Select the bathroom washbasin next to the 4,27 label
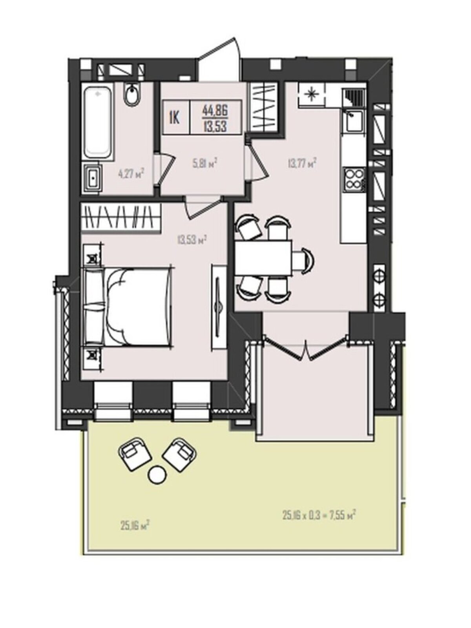pos(92,178)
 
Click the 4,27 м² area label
pos(130,173)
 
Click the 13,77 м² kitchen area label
pos(301,164)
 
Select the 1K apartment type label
pos(175,118)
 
